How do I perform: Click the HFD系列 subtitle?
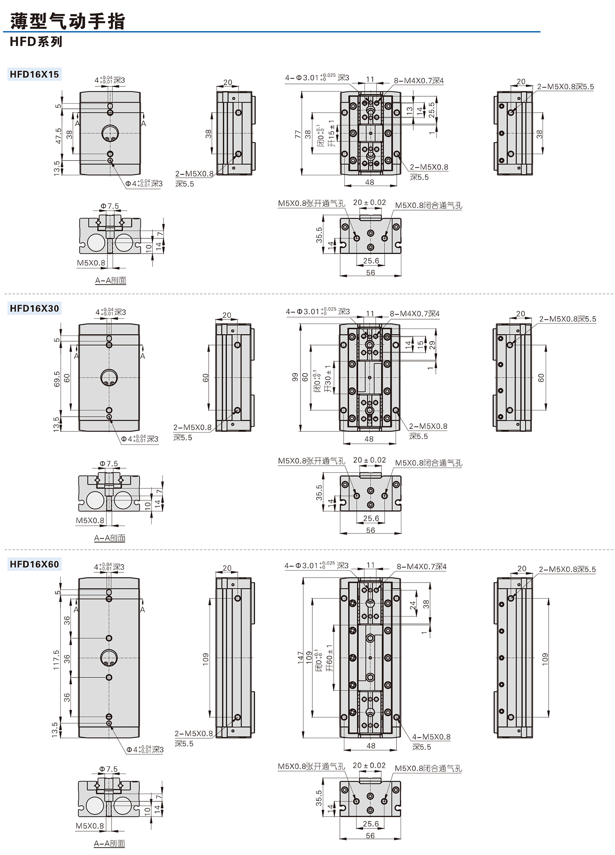[36, 42]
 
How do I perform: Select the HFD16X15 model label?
[34, 75]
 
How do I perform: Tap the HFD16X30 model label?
[34, 308]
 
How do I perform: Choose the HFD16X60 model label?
[34, 564]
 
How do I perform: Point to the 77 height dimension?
[298, 134]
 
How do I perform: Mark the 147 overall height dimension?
[301, 658]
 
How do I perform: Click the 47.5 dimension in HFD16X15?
[58, 136]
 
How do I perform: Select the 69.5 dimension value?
[57, 379]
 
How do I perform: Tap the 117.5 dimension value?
[56, 660]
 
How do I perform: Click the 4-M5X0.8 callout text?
[431, 737]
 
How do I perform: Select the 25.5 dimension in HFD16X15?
[431, 110]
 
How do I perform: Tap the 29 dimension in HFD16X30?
[432, 345]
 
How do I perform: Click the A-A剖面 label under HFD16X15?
[111, 281]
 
